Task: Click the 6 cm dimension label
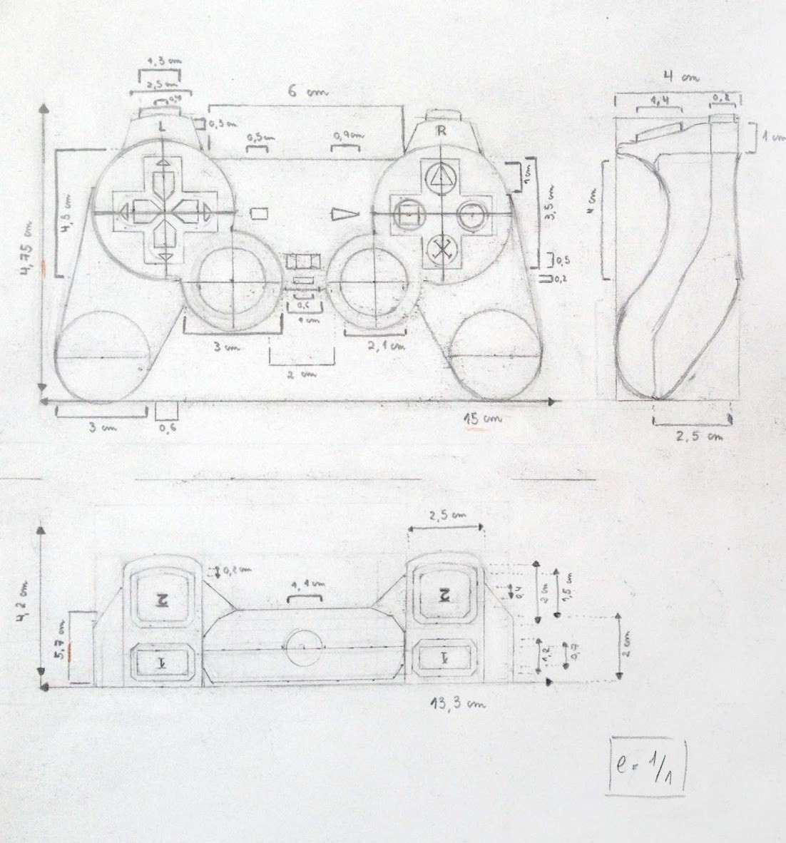[301, 91]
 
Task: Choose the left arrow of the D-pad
[123, 212]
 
